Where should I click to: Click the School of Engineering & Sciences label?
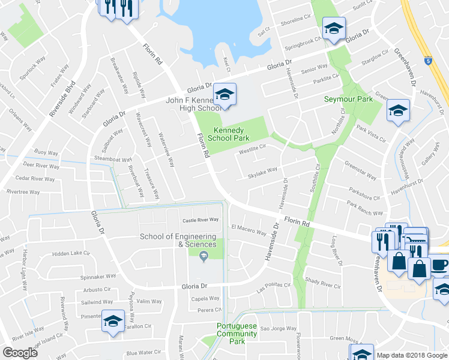[x=178, y=240]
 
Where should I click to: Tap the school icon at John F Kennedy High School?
[x=225, y=95]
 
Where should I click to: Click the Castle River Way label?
[x=200, y=220]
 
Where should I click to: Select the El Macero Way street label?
[x=249, y=230]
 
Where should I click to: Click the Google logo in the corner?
[x=20, y=352]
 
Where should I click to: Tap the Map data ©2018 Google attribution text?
[x=412, y=355]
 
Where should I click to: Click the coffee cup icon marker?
[x=439, y=264]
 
